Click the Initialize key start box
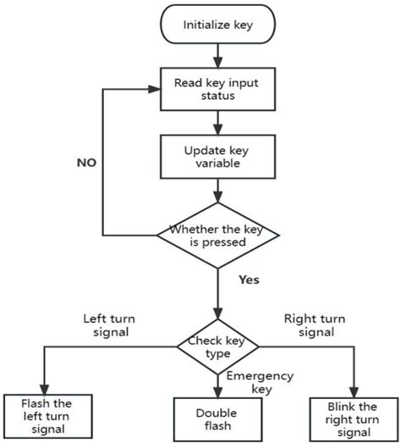click(x=217, y=25)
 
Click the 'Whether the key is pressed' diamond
click(x=217, y=235)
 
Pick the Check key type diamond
click(x=217, y=346)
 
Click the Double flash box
click(x=217, y=418)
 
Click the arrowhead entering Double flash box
click(x=217, y=392)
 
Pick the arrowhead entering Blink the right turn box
click(x=353, y=389)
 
